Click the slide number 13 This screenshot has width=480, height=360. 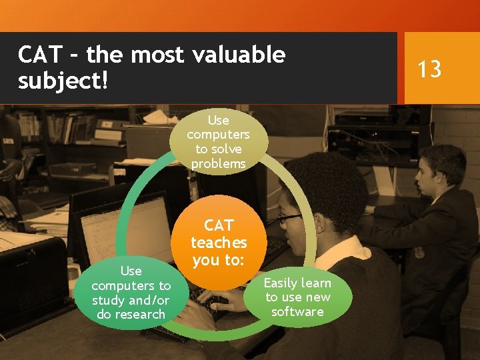[x=429, y=68]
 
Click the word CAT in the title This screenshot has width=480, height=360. [x=41, y=55]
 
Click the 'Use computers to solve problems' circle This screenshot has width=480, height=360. [x=218, y=142]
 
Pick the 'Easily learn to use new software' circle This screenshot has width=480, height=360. [x=297, y=297]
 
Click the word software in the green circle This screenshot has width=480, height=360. [x=297, y=312]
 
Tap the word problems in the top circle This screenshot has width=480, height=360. [x=218, y=164]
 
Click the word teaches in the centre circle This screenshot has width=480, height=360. [x=218, y=243]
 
